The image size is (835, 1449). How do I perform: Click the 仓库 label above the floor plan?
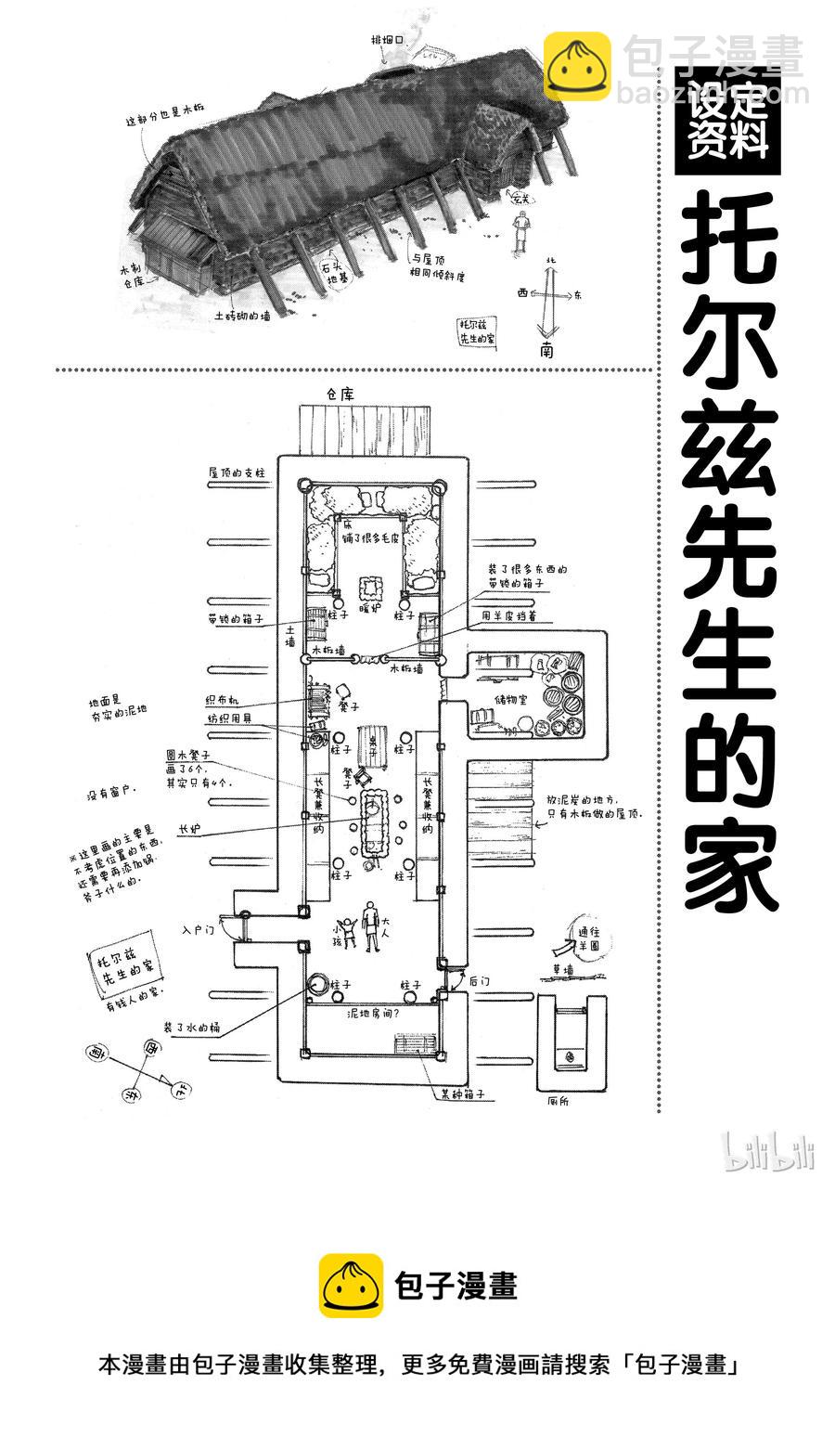pos(340,394)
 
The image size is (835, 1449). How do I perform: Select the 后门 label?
pos(480,980)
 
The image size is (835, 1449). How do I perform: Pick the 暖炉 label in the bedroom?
pos(370,610)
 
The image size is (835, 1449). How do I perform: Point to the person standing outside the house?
pos(522,231)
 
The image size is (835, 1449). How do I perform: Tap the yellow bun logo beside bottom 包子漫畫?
pos(352,1286)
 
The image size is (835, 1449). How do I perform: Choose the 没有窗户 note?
pos(111,794)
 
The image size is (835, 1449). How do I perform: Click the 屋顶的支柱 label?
pos(237,472)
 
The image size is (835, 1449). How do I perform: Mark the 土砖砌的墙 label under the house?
pos(242,315)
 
